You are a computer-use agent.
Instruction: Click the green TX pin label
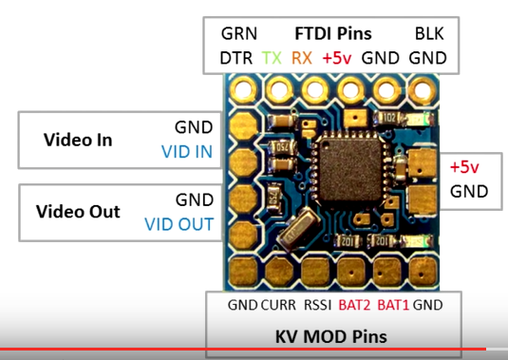(x=272, y=58)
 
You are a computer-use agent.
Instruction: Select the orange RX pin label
(x=302, y=58)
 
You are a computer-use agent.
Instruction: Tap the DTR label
(x=235, y=58)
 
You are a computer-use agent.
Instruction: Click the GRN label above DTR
(x=238, y=33)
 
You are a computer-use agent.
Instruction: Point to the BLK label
(x=429, y=33)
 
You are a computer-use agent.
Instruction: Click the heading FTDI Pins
(x=333, y=33)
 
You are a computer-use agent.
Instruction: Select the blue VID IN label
(x=187, y=151)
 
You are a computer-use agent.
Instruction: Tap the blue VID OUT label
(x=179, y=224)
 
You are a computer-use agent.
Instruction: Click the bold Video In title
(x=78, y=140)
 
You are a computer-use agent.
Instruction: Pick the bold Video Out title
(x=78, y=212)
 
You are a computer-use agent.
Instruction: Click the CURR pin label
(x=278, y=305)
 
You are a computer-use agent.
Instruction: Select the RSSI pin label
(x=317, y=305)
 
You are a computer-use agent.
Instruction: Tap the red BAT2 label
(x=354, y=305)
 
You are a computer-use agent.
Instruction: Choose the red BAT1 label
(x=393, y=305)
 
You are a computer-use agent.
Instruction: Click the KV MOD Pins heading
(x=330, y=336)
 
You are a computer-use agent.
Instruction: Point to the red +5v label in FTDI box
(x=337, y=58)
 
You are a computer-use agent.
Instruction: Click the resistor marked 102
(x=388, y=118)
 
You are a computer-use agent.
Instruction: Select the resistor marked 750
(x=283, y=148)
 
